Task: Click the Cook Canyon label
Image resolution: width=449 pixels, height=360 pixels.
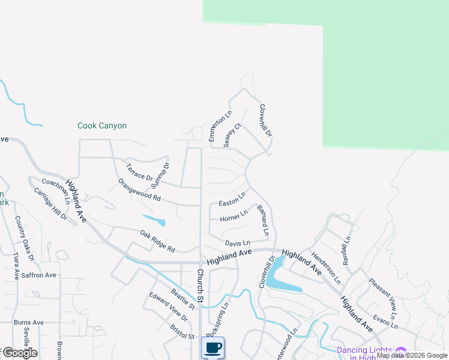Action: click(102, 126)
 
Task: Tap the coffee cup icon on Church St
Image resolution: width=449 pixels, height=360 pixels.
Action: click(212, 348)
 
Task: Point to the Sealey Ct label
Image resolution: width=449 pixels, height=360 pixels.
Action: click(232, 135)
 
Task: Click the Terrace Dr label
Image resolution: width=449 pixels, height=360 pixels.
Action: click(139, 171)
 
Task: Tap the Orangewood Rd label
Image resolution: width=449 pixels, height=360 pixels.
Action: click(139, 190)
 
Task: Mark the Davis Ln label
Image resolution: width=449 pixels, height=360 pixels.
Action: click(237, 243)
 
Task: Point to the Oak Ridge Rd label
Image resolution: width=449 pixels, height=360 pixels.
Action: click(157, 241)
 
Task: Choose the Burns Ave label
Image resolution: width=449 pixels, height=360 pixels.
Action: click(29, 322)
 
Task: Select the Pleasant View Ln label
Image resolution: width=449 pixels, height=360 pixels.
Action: click(383, 298)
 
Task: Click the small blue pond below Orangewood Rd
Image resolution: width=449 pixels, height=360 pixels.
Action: click(154, 220)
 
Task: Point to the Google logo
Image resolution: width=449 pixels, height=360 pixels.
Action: click(20, 353)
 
